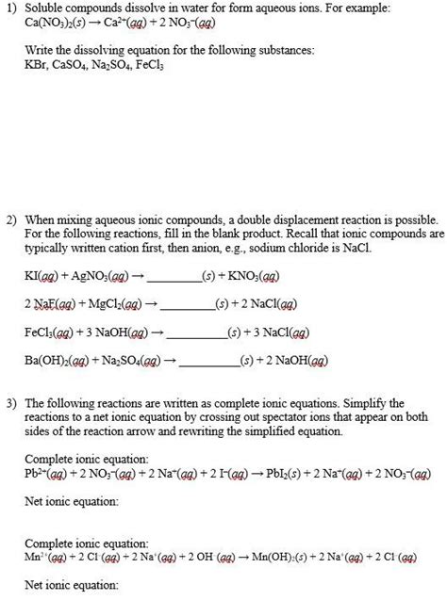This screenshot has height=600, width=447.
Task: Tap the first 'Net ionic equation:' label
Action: (x=71, y=501)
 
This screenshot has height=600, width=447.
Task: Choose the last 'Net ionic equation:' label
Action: (x=71, y=584)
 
